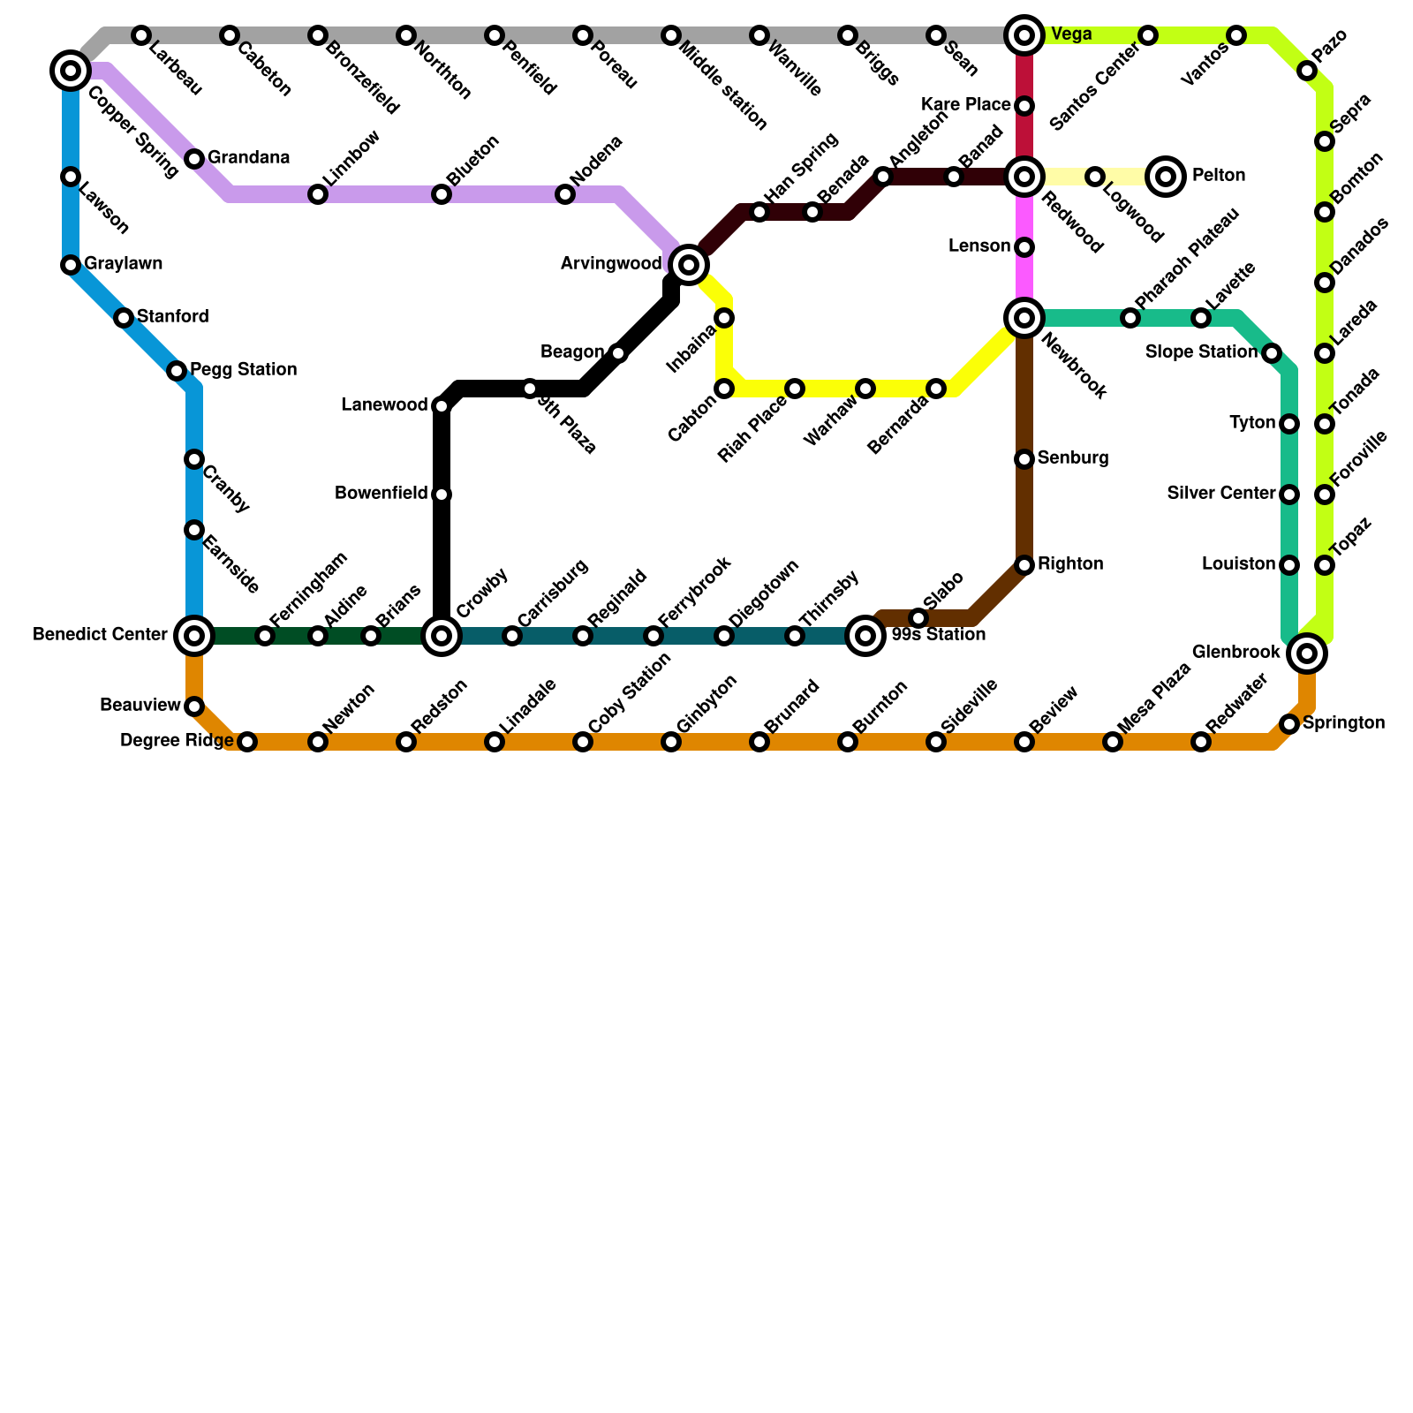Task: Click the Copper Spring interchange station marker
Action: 71,70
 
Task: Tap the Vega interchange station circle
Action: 1024,35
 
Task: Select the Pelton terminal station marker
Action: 1166,177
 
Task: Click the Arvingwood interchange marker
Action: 689,263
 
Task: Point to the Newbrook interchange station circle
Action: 1024,318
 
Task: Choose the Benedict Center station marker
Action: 194,635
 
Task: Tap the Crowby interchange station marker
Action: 442,635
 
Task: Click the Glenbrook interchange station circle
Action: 1307,654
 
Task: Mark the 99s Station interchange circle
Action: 865,635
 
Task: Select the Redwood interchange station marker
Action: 1024,177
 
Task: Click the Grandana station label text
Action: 248,158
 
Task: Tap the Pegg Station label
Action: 243,369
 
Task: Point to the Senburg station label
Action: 1073,457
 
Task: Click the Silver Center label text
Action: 1220,493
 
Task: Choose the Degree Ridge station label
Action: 177,740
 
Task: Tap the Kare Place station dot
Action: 1024,106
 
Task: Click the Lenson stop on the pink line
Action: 1024,247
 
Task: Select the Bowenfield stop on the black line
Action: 442,495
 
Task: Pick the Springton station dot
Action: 1289,724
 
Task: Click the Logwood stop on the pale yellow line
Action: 1095,177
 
